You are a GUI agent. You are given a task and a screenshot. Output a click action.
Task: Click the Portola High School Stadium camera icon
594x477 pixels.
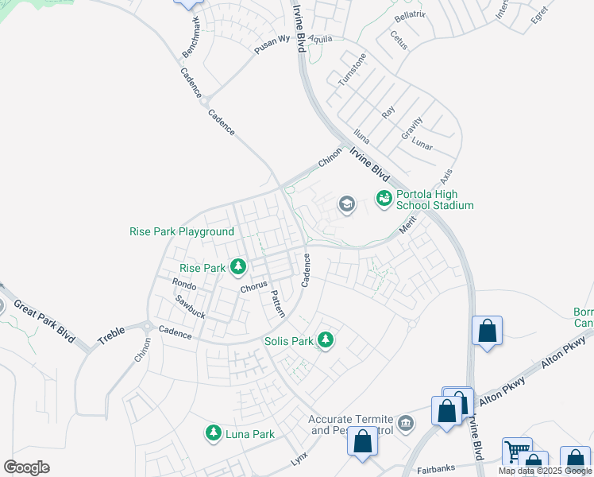click(384, 197)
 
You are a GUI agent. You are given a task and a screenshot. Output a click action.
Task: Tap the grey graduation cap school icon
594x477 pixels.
click(346, 204)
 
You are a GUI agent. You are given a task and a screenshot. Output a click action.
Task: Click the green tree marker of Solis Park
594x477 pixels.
click(325, 340)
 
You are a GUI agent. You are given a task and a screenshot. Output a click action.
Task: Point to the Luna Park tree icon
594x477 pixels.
click(213, 432)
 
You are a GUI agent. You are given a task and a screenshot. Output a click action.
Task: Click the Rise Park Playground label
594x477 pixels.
click(182, 232)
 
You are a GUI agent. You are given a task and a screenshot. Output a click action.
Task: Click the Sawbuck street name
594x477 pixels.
click(191, 308)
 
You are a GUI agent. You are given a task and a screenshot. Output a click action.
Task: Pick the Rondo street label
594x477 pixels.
click(184, 285)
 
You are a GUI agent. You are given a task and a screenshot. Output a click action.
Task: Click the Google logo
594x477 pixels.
click(27, 467)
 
